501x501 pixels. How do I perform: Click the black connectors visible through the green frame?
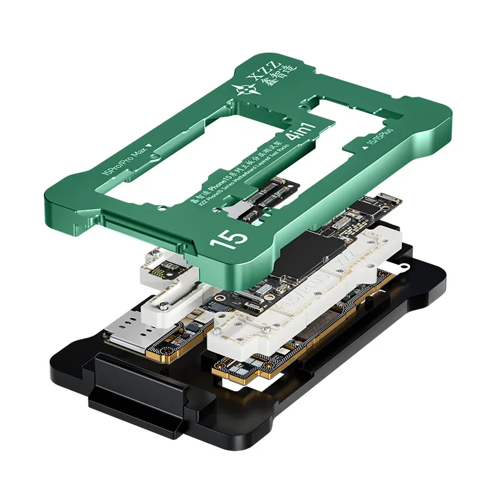(263, 198)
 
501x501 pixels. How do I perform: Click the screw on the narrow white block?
(162, 306)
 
